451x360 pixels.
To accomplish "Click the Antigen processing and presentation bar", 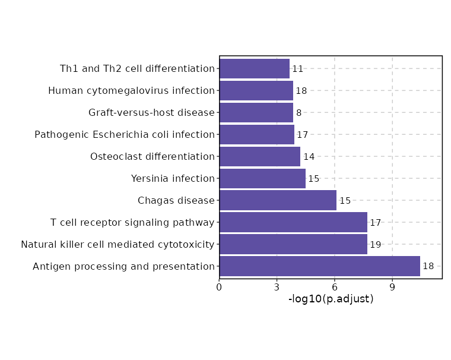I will point(319,266).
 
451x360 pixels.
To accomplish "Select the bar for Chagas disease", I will point(278,200).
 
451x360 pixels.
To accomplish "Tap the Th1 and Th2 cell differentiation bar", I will point(254,69).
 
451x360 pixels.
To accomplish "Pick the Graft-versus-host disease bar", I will point(256,113).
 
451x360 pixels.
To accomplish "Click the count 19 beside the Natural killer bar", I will point(376,245).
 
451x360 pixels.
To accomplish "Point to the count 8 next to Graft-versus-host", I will point(298,113).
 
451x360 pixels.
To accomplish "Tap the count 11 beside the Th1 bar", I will point(298,69).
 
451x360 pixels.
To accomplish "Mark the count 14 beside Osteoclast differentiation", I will point(309,157).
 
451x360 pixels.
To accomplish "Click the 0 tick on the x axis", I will point(220,288).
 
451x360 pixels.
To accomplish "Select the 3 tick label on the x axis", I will point(277,288).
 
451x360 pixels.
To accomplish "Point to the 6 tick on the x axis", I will point(335,288).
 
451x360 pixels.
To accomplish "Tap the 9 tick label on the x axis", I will point(392,288).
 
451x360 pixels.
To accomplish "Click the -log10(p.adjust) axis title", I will point(331,299).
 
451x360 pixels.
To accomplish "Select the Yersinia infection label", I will point(173,178).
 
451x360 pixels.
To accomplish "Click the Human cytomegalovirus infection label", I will point(131,91).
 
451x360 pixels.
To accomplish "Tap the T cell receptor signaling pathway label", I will point(132,223).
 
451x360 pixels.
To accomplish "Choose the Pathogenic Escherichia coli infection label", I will point(125,135).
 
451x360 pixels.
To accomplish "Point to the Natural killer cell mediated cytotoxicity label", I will point(117,244).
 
